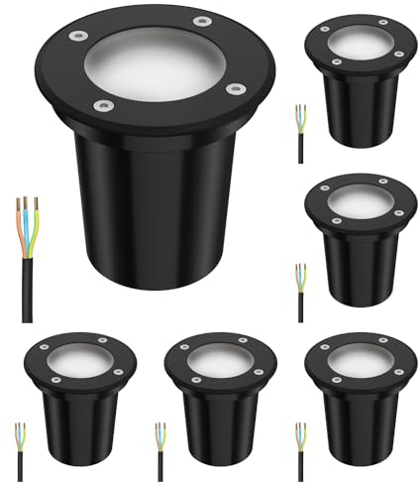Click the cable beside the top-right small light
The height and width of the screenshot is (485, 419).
click(x=300, y=139)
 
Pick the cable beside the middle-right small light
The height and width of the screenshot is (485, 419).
click(x=300, y=298)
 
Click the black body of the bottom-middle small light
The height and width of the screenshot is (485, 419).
click(x=215, y=426)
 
